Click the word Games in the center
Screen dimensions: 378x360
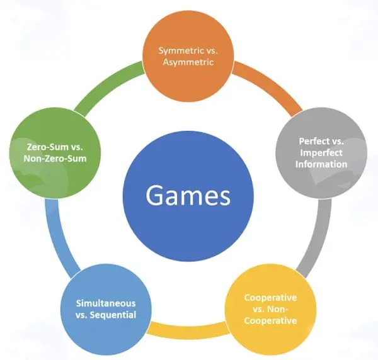click(188, 196)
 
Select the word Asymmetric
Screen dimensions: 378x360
click(188, 62)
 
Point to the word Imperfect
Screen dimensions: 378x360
click(321, 153)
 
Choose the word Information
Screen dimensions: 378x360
click(321, 164)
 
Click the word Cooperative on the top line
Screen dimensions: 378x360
click(270, 298)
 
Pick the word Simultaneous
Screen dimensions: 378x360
click(106, 303)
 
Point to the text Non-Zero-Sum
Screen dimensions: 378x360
click(55, 159)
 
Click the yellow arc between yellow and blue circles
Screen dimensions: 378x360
click(188, 329)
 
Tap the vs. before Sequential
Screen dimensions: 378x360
click(81, 315)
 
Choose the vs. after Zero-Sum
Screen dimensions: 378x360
click(77, 147)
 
